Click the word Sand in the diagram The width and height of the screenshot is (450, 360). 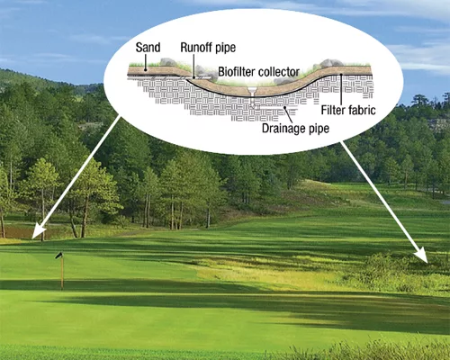click(x=148, y=48)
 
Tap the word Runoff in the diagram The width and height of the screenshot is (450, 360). click(x=194, y=48)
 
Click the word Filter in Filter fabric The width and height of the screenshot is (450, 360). click(x=332, y=110)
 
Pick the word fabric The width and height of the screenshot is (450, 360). click(x=361, y=110)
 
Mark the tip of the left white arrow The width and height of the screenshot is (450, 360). click(x=32, y=238)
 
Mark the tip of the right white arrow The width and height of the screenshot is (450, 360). click(x=427, y=263)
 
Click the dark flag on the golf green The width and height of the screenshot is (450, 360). click(x=58, y=256)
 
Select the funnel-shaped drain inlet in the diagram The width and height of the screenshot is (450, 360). click(x=253, y=91)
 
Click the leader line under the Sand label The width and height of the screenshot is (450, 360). click(x=145, y=62)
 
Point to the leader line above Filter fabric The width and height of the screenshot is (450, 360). click(x=341, y=89)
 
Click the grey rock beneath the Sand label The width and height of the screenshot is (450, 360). click(x=168, y=62)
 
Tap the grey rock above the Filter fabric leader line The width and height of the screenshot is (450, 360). click(x=331, y=63)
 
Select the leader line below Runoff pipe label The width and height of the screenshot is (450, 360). click(x=193, y=67)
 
